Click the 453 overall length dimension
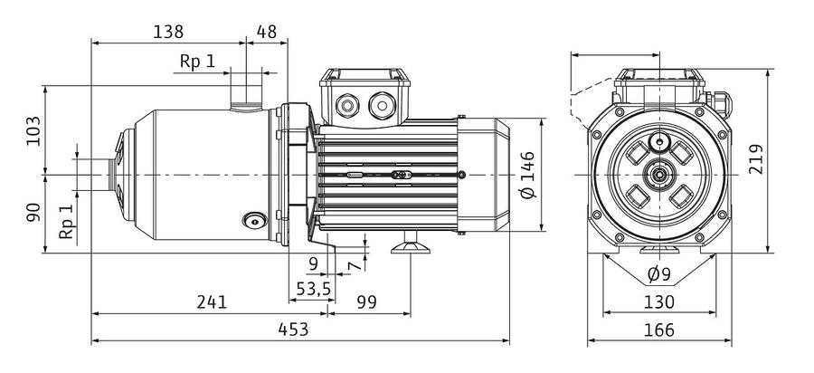[293, 330]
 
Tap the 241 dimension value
[212, 301]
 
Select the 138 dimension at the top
[168, 32]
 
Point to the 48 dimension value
[266, 32]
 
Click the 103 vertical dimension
[33, 131]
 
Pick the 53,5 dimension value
[314, 288]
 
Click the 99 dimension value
[366, 301]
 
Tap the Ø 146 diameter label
[527, 175]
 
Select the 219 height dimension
[756, 159]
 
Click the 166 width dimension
[660, 330]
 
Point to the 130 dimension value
[660, 301]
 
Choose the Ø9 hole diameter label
[660, 273]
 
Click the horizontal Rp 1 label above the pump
[197, 62]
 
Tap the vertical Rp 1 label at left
[66, 222]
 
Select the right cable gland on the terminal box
[382, 105]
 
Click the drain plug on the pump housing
[254, 220]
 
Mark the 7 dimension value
[354, 266]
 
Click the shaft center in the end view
[659, 175]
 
